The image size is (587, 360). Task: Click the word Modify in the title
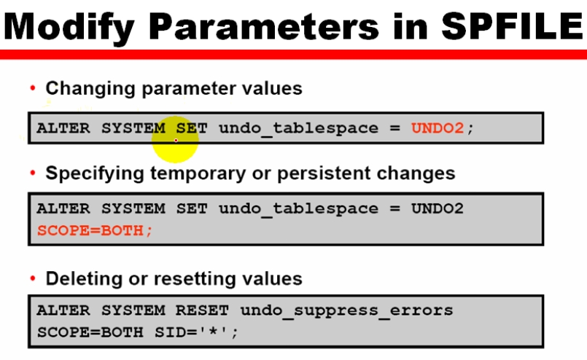click(69, 27)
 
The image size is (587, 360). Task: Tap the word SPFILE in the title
click(513, 26)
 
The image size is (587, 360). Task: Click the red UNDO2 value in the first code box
click(438, 128)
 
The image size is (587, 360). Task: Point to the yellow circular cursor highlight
click(175, 140)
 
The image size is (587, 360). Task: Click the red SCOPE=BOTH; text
click(95, 230)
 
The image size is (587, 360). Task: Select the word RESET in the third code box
click(202, 310)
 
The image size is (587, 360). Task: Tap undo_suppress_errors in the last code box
click(346, 311)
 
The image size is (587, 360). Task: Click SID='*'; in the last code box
click(197, 332)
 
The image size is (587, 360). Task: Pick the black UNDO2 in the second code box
click(438, 208)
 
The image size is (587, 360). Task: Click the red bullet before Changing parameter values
click(33, 88)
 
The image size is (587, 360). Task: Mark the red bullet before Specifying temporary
click(33, 173)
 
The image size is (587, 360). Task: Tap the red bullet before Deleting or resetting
click(33, 278)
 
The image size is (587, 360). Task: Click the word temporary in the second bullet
click(198, 173)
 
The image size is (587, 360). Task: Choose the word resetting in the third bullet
click(195, 279)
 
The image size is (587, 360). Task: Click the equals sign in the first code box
click(394, 128)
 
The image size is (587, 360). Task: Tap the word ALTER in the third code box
click(63, 310)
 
